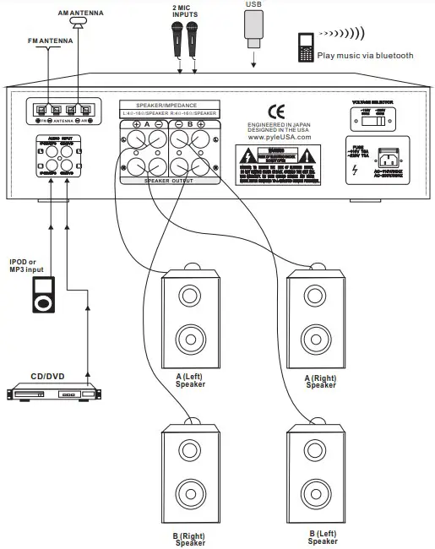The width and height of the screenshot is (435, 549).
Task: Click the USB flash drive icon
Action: pyautogui.click(x=254, y=26)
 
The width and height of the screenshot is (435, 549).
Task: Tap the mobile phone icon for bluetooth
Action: pyautogui.click(x=306, y=47)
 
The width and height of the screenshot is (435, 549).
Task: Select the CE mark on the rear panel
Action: pyautogui.click(x=275, y=111)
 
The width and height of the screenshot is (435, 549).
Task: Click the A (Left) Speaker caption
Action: pyautogui.click(x=190, y=381)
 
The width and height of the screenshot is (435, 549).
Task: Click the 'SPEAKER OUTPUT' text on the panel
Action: pyautogui.click(x=170, y=181)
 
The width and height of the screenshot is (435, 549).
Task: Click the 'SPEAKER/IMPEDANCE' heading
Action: pyautogui.click(x=170, y=106)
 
